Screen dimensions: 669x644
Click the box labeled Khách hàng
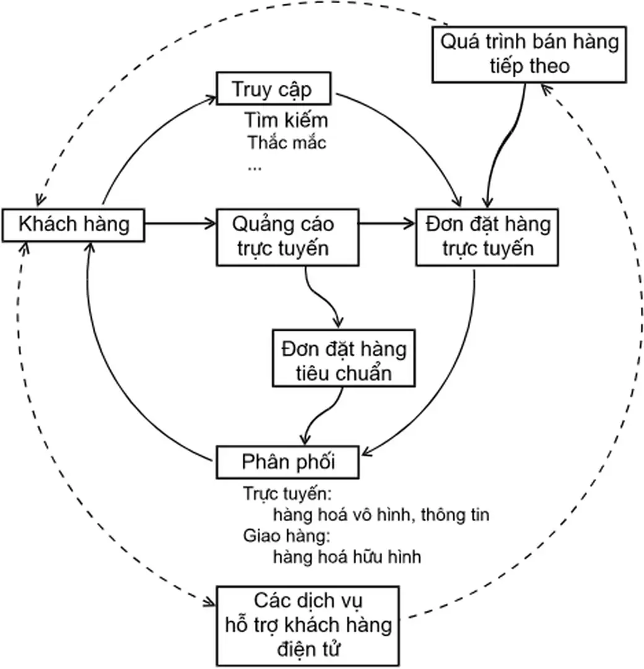74,225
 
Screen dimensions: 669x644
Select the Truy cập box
272,89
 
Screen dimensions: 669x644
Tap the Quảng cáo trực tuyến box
287,236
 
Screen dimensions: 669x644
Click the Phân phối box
287,462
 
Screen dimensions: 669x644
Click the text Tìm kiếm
285,120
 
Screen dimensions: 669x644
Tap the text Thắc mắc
287,143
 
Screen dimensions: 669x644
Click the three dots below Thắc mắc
254,166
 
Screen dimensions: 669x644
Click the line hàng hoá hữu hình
347,556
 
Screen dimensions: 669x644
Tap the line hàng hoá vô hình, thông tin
380,515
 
